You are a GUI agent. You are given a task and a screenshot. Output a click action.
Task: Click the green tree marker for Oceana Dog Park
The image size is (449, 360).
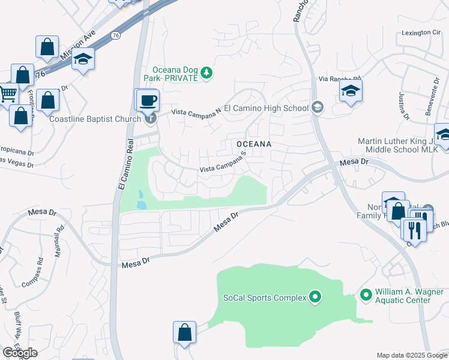[206, 73]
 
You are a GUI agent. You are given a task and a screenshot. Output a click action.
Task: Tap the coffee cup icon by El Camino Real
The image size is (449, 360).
[148, 100]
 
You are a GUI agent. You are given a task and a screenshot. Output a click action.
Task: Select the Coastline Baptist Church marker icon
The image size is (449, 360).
[150, 118]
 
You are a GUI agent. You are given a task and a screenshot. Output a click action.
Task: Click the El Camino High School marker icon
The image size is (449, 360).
[317, 108]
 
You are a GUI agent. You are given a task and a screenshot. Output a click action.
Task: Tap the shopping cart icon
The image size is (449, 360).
[7, 94]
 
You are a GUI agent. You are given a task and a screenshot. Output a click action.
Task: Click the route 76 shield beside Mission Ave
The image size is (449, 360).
[115, 37]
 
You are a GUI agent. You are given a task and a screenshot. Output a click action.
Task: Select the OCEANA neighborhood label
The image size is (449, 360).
[254, 144]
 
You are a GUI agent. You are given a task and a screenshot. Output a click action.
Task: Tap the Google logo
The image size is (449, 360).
[19, 353]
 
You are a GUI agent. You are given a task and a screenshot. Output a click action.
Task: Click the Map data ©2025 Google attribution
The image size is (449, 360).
[411, 355]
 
